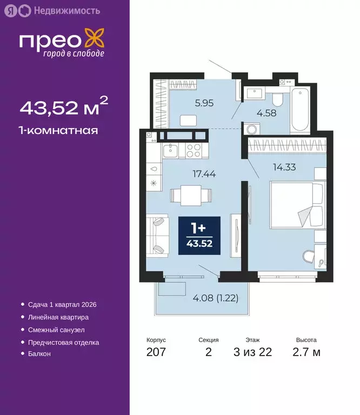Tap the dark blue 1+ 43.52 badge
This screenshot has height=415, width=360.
[199, 236]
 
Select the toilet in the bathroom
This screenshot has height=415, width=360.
[277, 98]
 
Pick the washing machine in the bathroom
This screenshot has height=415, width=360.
[251, 130]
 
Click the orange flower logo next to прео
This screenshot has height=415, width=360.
[95, 41]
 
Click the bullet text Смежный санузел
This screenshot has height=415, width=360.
[56, 330]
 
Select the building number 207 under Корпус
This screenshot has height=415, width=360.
[156, 353]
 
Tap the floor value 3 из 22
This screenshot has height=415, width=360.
[252, 353]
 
